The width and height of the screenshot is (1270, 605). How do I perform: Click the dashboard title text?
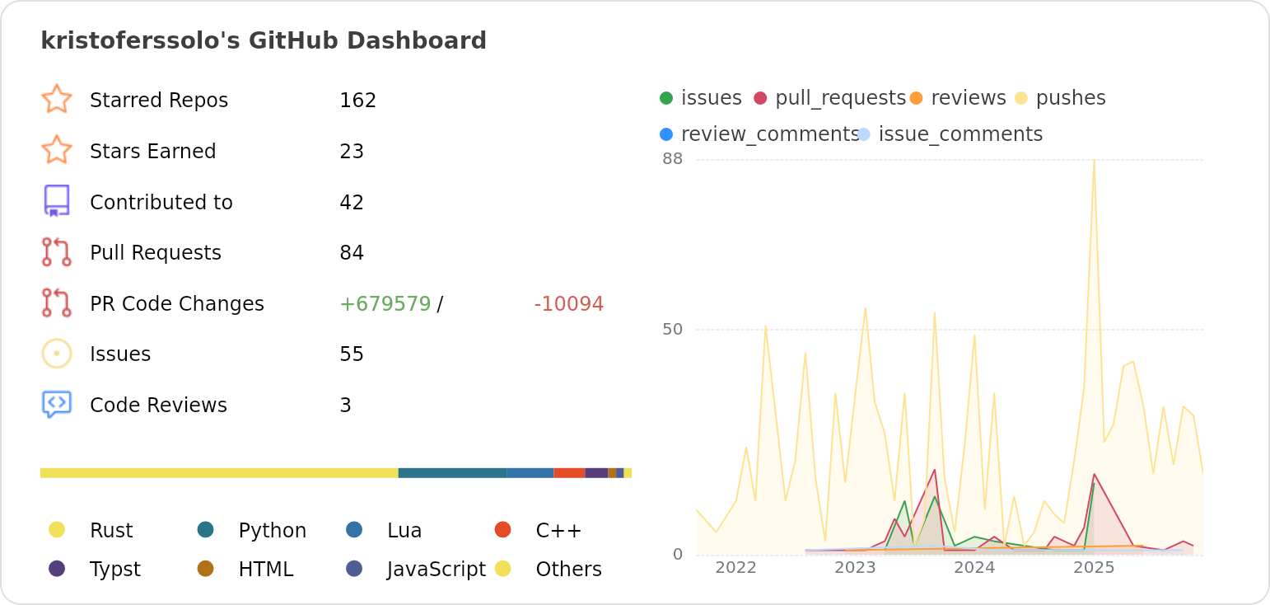pos(264,40)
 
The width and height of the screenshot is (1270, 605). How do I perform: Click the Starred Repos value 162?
pos(357,101)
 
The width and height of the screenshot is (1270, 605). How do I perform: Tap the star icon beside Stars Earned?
pos(57,151)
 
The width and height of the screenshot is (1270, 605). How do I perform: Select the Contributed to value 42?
pos(352,203)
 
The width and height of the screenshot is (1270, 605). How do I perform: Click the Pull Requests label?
pos(155,253)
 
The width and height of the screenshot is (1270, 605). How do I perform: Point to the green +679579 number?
pos(385,304)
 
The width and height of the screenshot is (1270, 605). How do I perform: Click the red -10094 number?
pos(568,304)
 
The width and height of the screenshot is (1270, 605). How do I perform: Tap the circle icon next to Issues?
pos(57,354)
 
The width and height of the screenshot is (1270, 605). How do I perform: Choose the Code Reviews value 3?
pos(345,406)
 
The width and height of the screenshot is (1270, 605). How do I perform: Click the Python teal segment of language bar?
pos(452,473)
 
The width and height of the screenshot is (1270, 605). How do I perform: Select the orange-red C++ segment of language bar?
pos(569,473)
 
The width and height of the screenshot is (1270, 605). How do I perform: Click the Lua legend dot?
pos(354,529)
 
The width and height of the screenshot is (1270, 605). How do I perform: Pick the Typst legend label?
pos(114,570)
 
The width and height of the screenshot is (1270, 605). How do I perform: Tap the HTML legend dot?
pos(206,569)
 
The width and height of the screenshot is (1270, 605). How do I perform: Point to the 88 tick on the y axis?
pos(672,159)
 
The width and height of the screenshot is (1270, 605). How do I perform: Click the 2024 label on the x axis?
pos(974,568)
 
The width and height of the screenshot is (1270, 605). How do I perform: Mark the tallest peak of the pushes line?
pos(1094,161)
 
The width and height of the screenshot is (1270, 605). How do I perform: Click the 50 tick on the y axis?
pos(672,330)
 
